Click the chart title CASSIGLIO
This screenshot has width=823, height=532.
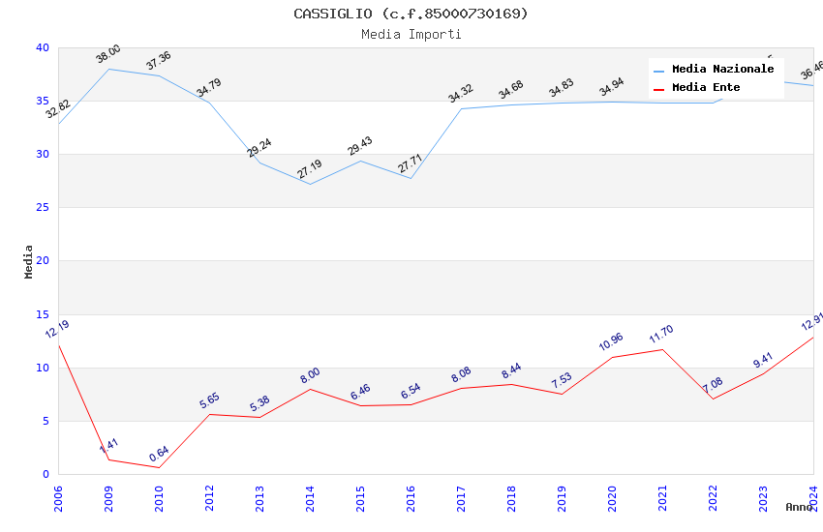point(411,14)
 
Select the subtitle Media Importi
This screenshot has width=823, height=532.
point(411,34)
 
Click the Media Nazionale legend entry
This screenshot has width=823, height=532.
point(722,70)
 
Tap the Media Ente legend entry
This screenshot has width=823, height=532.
point(706,88)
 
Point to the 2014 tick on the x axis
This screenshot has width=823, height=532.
point(310,498)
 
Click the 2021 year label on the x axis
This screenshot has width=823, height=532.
point(662,498)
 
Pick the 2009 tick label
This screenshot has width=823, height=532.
point(108,498)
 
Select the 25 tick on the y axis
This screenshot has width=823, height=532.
point(43,208)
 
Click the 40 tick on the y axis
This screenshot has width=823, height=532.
point(43,47)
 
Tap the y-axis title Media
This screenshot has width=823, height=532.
point(29,261)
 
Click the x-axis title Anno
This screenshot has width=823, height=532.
point(799,507)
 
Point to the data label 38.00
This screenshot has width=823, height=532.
point(108,54)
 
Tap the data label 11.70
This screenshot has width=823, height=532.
point(662,335)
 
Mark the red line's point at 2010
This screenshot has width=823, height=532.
point(159,467)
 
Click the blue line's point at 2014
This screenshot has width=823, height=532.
point(310,184)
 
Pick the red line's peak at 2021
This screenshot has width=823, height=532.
point(662,349)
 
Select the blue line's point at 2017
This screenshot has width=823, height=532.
point(461,108)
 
